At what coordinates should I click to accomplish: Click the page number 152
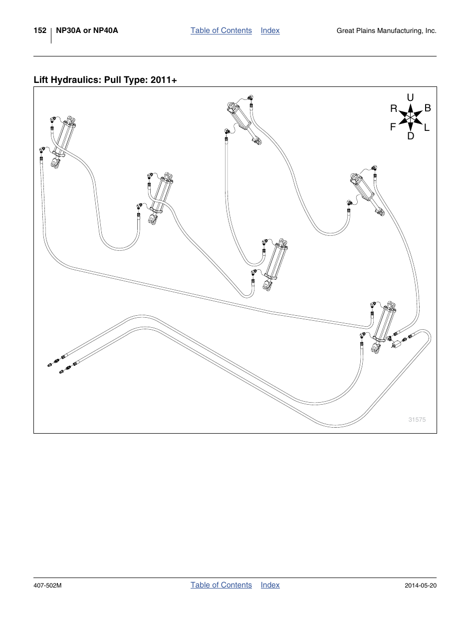coord(40,30)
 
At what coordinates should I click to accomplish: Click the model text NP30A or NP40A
coord(87,30)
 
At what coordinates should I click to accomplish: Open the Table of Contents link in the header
coord(221,30)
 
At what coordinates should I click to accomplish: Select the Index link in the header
coord(270,30)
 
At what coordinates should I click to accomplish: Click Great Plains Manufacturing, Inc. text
coord(386,31)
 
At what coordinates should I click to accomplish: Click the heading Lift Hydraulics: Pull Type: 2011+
coord(105,80)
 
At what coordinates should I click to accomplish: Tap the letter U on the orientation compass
coord(410,97)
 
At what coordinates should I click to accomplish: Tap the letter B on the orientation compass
coord(427,108)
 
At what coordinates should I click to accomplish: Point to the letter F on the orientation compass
coord(393,127)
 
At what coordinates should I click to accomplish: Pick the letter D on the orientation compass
coord(411,136)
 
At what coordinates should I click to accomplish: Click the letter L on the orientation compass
coord(427,128)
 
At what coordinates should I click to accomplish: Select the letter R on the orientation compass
coord(394,108)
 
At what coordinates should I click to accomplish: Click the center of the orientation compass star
coord(410,117)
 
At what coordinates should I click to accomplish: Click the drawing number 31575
coord(417,420)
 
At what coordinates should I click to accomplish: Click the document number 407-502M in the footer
coord(47,586)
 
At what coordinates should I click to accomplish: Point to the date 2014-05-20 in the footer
coord(420,586)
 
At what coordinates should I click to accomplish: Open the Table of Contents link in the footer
coord(221,585)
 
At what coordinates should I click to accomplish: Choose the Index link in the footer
coord(270,585)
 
